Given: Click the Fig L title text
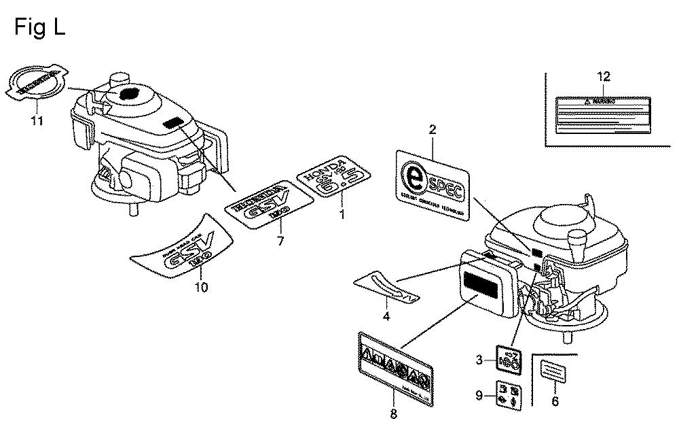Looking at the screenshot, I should tap(39, 28).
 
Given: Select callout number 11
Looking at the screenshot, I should tap(37, 121).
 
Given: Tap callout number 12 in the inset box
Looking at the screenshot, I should tap(604, 76).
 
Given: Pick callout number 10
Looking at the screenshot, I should tap(201, 287).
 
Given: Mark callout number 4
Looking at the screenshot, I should tap(386, 316).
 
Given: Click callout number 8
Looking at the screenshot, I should tap(393, 412).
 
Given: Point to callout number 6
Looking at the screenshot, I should tap(555, 402).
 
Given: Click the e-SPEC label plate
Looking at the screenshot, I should tap(432, 186).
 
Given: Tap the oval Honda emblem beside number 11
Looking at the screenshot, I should tap(37, 84).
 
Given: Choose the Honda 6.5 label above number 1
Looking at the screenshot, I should tap(335, 177).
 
